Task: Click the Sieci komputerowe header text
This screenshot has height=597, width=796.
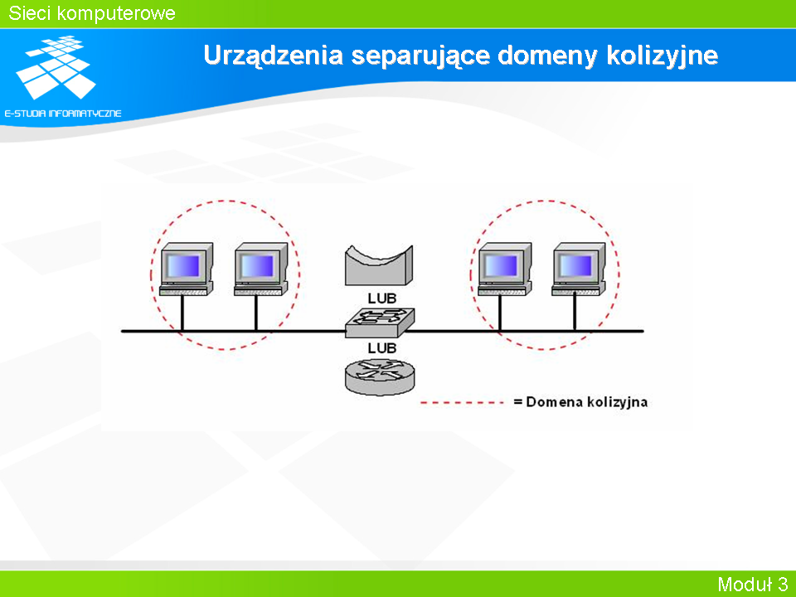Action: [x=92, y=13]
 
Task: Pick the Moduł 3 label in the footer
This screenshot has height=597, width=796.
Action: [x=753, y=584]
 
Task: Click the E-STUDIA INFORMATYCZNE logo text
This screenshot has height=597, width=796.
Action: [x=63, y=114]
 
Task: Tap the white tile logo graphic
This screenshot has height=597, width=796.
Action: [x=56, y=67]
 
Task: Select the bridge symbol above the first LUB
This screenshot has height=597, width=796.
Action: [x=379, y=265]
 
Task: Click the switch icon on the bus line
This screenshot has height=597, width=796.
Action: [x=380, y=323]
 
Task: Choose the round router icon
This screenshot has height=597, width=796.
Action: [x=380, y=376]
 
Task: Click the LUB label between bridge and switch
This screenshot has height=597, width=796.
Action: [x=381, y=298]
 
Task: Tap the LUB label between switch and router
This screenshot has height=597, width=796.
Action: [x=381, y=348]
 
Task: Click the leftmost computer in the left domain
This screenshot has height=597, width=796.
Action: [x=187, y=269]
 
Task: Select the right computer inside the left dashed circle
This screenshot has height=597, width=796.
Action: [x=261, y=269]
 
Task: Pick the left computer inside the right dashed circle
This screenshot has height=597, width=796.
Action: [x=505, y=269]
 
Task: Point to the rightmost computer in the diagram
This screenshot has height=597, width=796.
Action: [x=579, y=269]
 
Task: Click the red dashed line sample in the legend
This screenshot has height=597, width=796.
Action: [x=462, y=403]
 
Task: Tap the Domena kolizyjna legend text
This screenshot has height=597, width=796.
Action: [x=580, y=402]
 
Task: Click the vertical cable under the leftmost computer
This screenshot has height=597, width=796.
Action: [x=182, y=313]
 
